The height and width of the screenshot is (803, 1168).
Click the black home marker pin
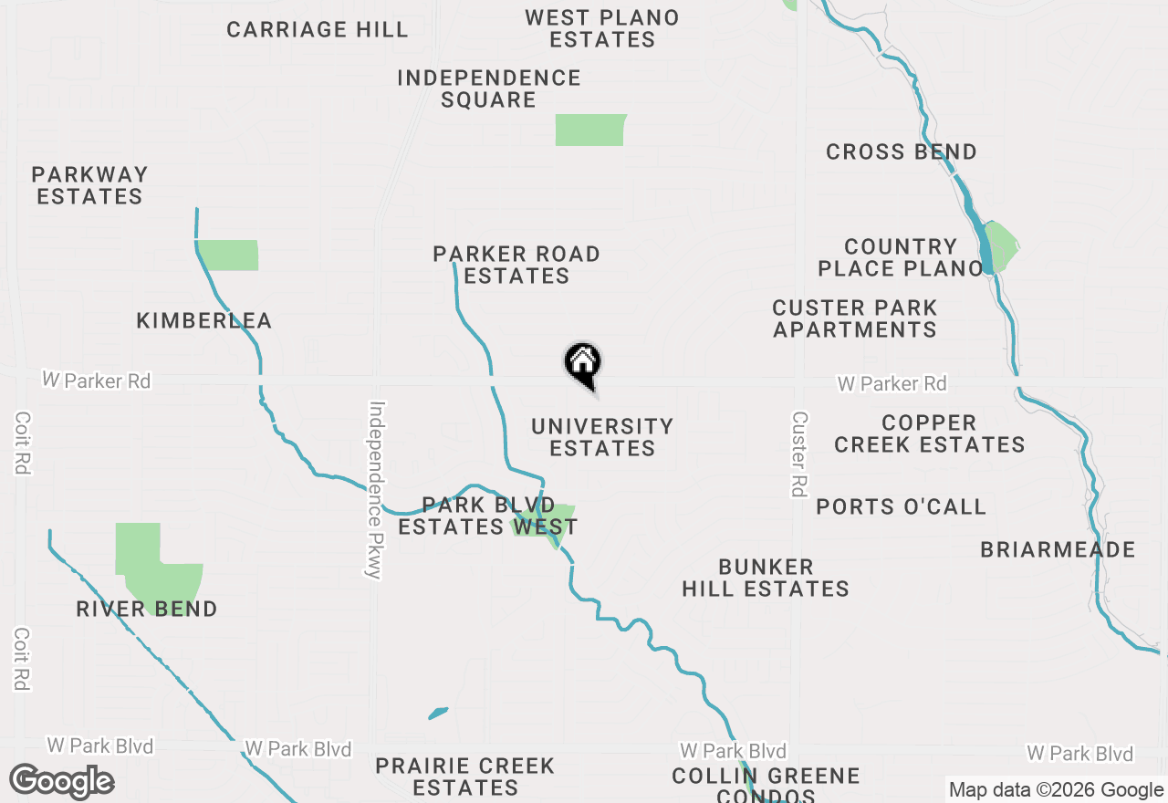(x=583, y=364)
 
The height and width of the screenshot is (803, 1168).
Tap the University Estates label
(x=602, y=437)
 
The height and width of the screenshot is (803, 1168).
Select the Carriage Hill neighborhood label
(x=318, y=29)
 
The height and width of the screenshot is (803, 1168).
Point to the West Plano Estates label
(x=602, y=28)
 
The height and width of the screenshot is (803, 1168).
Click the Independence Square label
(x=489, y=89)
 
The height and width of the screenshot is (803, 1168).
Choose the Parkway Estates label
(x=89, y=185)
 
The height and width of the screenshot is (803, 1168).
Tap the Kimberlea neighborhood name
(x=204, y=320)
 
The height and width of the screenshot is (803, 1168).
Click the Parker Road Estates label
(x=516, y=265)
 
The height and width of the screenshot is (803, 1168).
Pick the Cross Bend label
(x=902, y=151)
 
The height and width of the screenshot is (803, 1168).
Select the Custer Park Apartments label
(x=855, y=318)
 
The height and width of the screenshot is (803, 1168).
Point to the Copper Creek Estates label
(x=930, y=433)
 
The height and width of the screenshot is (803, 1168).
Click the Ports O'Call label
(x=902, y=506)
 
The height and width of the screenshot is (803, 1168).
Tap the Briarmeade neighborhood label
(x=1058, y=549)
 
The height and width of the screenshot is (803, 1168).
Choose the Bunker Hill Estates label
(x=766, y=578)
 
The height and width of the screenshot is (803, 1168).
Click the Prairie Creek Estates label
(x=465, y=777)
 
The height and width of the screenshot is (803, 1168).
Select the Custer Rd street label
(x=799, y=454)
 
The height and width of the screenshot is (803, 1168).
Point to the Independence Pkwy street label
(x=375, y=489)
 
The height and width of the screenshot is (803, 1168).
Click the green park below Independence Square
(x=590, y=130)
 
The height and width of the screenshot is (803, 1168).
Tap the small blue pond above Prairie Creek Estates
(x=438, y=713)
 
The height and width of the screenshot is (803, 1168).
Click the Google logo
(x=62, y=781)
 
